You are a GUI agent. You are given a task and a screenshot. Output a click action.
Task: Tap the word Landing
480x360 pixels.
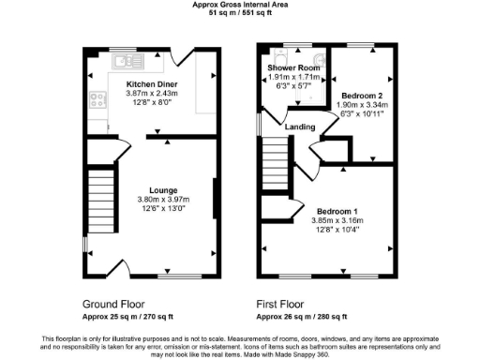pos(299,127)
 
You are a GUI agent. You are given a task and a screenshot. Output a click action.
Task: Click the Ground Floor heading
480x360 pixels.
pos(112,305)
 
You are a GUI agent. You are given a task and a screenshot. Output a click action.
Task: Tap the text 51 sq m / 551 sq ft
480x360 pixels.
pos(239,14)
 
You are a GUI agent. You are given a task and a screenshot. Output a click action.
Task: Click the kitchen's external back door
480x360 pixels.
pos(181,58)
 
